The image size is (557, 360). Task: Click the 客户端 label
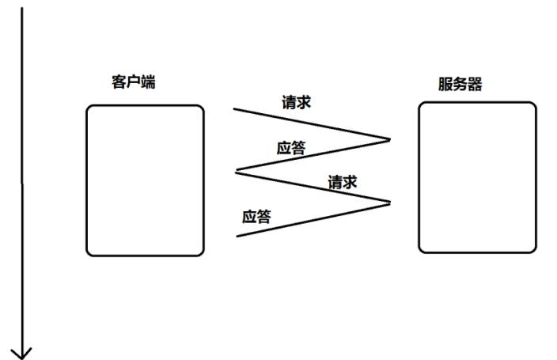point(133,81)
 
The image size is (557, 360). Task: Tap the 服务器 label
point(460,85)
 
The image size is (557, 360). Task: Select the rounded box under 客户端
point(145,180)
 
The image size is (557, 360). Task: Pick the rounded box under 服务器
point(477,177)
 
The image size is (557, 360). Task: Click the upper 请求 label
point(297,102)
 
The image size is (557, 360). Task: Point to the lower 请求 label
point(343,182)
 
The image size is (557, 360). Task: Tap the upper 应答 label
point(290,148)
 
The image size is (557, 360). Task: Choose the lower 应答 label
point(256,216)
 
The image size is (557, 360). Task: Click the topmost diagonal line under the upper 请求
point(312,124)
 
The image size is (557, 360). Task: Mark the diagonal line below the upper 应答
point(313,156)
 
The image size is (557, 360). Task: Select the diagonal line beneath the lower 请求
point(313,187)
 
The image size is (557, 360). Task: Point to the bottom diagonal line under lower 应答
point(313,219)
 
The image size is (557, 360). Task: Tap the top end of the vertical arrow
point(21,8)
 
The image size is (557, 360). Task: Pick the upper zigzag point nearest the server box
point(390,140)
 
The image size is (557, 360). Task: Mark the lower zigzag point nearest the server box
point(390,203)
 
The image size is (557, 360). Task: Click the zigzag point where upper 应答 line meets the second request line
point(236,171)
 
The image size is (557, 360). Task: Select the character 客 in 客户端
point(119,81)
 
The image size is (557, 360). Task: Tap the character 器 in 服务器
point(474,85)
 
